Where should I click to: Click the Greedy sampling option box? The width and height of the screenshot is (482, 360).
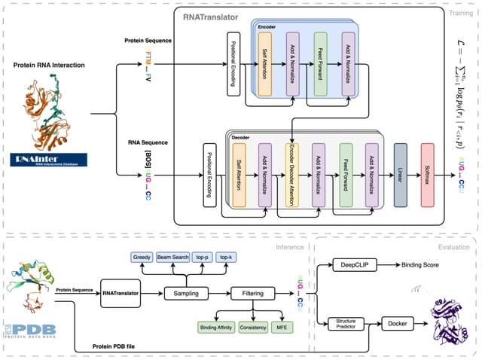click(142, 258)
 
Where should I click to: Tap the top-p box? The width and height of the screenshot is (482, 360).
click(201, 258)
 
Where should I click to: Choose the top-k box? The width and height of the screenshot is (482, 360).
click(226, 258)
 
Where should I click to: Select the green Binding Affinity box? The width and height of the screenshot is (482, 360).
click(216, 328)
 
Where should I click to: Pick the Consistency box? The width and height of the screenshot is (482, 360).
click(253, 328)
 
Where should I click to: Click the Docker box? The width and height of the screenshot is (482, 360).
click(397, 324)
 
